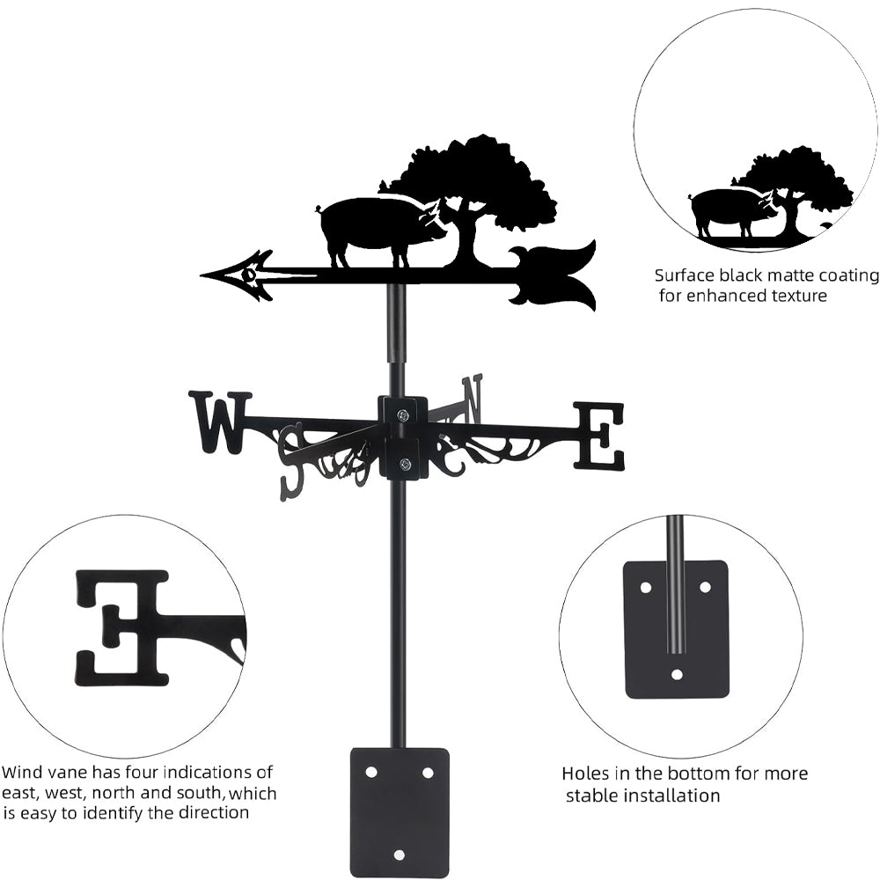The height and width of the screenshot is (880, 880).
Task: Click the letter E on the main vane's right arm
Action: click(599, 435)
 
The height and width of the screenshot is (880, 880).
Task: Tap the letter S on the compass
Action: click(291, 458)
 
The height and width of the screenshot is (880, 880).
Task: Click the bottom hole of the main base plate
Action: click(400, 854)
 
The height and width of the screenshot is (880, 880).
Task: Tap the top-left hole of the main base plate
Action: click(371, 772)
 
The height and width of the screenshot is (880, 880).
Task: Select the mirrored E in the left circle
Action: click(121, 627)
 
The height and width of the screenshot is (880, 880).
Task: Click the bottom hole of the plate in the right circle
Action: click(677, 675)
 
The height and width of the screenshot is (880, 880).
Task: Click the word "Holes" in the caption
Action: click(586, 774)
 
